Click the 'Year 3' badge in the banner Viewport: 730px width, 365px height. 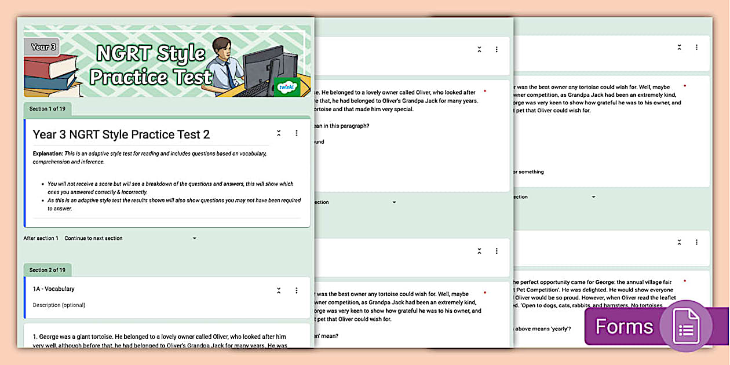(43, 47)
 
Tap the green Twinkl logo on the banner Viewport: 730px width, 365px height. (286, 87)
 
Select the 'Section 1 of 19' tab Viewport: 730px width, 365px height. (47, 109)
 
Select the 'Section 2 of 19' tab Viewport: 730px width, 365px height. (47, 270)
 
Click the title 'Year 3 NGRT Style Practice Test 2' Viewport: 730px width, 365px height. (121, 134)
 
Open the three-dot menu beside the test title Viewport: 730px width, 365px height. (297, 133)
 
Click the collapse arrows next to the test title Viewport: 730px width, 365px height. (279, 133)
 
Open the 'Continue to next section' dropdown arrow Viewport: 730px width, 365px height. (195, 238)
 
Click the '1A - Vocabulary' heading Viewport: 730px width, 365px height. (53, 289)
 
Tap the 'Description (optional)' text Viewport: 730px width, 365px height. (59, 305)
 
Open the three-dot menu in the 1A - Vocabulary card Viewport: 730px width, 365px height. (297, 290)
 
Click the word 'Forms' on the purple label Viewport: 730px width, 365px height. (624, 327)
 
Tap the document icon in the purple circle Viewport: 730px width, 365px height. (686, 326)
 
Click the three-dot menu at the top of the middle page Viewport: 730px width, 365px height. (497, 50)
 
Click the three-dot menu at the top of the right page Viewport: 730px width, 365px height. (696, 48)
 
